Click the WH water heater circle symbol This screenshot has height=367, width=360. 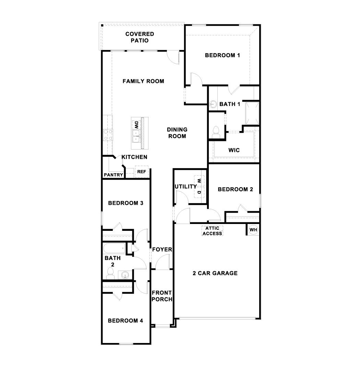tap(253, 230)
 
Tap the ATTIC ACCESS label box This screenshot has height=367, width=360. tap(212, 231)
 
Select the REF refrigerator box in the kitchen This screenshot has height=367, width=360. tap(141, 172)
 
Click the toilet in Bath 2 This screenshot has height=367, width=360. tap(110, 272)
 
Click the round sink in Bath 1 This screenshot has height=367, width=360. tap(213, 103)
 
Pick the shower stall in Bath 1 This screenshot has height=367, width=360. tap(252, 113)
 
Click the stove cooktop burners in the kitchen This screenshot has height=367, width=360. tap(108, 134)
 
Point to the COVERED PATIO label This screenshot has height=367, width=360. tap(140, 37)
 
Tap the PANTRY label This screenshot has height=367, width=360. tap(113, 175)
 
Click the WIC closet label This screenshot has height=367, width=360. tap(234, 150)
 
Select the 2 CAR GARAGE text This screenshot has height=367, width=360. tap(215, 273)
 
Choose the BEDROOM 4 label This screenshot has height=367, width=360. tap(125, 321)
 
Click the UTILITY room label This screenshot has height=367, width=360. tap(185, 187)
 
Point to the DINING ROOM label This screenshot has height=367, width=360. tap(177, 133)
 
